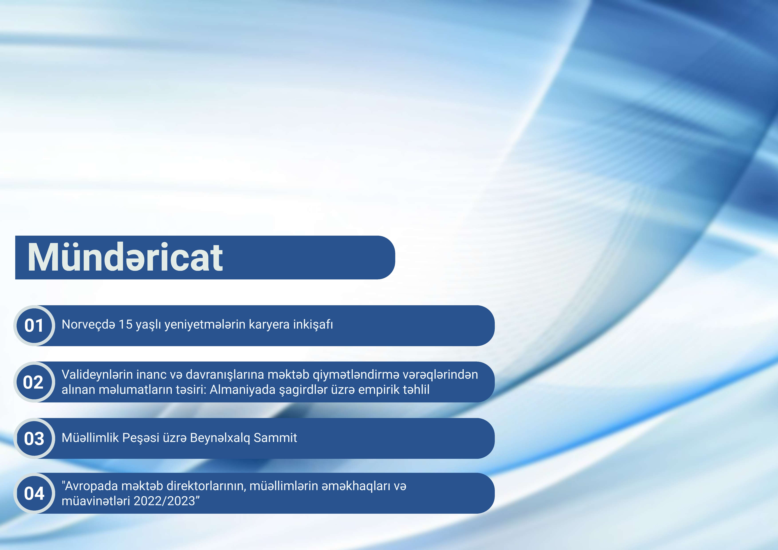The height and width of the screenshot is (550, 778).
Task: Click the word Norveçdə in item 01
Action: click(x=88, y=325)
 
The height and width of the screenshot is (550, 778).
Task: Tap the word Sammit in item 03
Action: click(x=275, y=438)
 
